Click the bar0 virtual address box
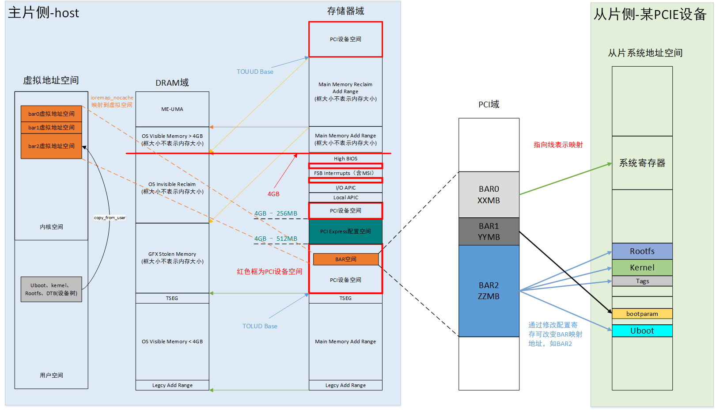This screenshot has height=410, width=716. (51, 114)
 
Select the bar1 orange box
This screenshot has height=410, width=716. (51, 128)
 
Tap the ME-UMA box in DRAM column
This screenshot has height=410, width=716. (172, 109)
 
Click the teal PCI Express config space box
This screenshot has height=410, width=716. (345, 232)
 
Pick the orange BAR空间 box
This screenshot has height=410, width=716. (345, 259)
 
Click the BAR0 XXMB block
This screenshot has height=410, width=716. (489, 194)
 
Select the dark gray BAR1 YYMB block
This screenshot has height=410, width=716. (489, 232)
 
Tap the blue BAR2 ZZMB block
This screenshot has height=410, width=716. (489, 291)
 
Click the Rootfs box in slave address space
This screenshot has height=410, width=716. (642, 251)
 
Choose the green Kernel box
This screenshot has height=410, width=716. (642, 268)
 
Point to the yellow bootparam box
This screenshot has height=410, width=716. (642, 314)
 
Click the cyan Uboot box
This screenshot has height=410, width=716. (642, 331)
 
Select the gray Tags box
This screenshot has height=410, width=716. (642, 281)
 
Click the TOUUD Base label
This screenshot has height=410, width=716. (255, 72)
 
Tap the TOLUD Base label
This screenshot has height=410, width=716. (260, 326)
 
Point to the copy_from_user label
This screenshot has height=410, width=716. (110, 218)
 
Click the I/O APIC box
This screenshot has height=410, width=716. (345, 188)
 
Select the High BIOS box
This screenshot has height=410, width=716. (345, 159)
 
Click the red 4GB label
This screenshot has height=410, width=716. (273, 194)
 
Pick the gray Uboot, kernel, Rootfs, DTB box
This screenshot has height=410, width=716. (51, 289)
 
